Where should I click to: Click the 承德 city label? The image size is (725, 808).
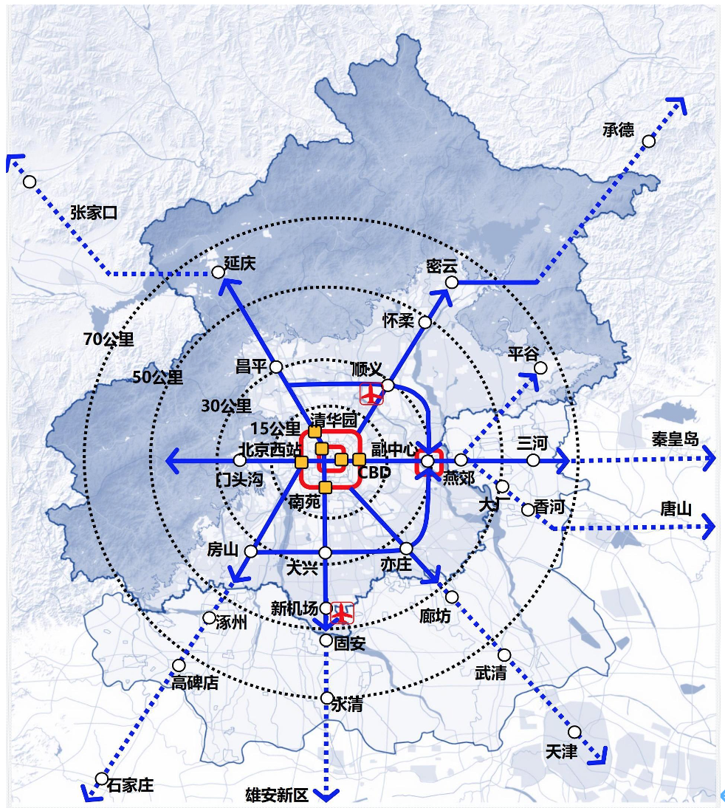point(618,130)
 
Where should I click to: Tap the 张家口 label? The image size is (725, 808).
point(94,213)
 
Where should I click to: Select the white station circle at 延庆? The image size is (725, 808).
point(219,273)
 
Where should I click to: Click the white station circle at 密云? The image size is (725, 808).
point(452,282)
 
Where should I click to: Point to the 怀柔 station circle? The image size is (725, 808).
point(425,322)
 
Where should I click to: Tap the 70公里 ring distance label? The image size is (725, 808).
point(109,340)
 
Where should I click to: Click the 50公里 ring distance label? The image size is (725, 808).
point(157,377)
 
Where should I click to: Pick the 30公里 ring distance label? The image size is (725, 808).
point(227,405)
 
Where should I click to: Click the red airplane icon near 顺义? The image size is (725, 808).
point(371,394)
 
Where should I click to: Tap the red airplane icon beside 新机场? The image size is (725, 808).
point(342,612)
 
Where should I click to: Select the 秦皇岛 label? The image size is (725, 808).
point(675,439)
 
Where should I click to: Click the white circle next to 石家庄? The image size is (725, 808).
point(102,778)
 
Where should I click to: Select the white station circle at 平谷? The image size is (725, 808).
point(540,368)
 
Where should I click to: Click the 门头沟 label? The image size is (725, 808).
point(239,479)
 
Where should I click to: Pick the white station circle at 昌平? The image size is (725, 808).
point(276,366)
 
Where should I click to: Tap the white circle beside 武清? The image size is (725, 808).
point(504,654)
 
